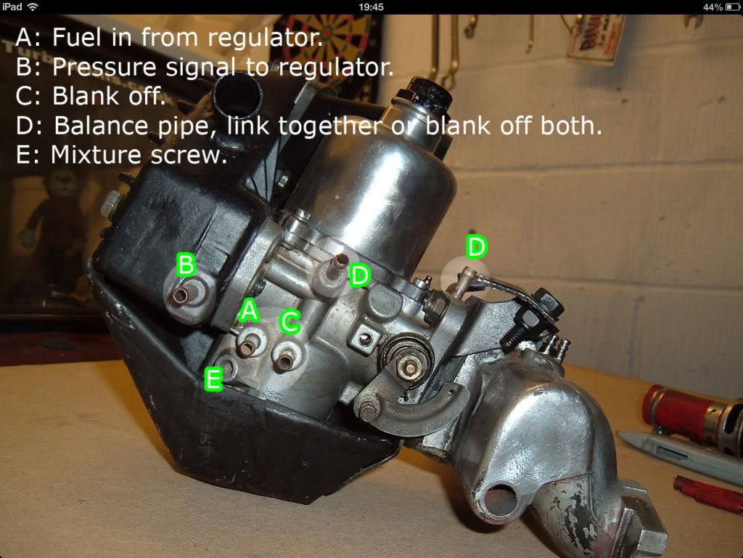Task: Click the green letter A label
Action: coord(249,311)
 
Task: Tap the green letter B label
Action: coord(186,264)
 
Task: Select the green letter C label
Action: coord(290,322)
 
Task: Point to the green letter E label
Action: coord(214,379)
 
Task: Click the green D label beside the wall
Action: coord(476,246)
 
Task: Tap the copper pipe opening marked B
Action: coord(181,296)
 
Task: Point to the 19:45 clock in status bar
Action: coord(371,7)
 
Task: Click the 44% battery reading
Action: coord(713,7)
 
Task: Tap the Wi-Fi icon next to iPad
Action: coord(33,7)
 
